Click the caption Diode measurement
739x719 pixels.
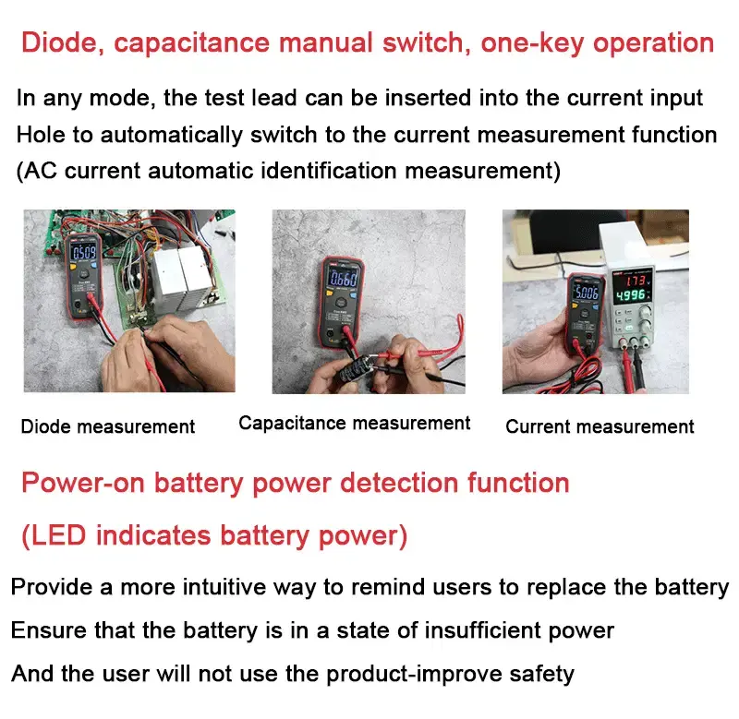coord(108,426)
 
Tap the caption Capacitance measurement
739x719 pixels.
coord(354,423)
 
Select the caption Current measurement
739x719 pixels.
coord(600,426)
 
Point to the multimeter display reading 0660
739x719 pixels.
coord(344,280)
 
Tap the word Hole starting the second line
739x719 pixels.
coord(42,135)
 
